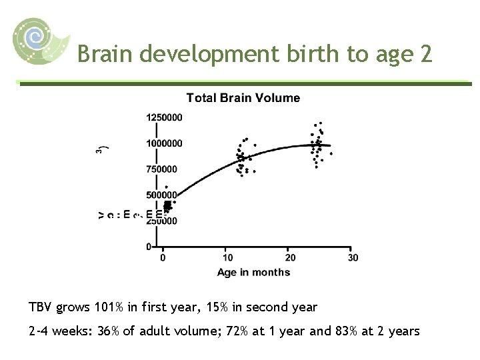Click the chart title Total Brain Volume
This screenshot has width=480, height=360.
[243, 98]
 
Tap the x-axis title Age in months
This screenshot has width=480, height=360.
[253, 272]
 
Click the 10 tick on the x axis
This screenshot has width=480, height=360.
[227, 257]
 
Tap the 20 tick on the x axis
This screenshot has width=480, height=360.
[290, 257]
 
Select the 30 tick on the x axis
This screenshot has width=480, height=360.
[353, 257]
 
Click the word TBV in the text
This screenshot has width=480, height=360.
[41, 307]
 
